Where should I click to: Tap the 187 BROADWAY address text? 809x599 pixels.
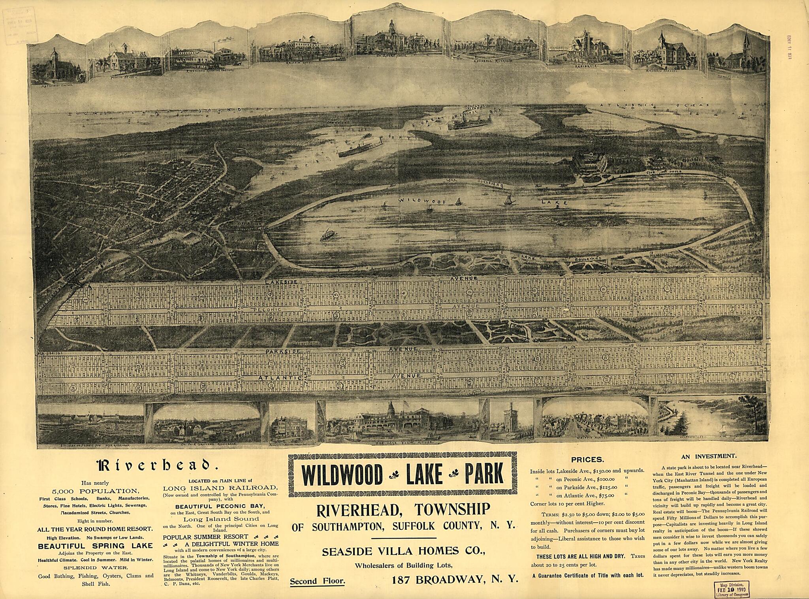[455, 580]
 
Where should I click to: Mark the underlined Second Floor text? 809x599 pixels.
[317, 581]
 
